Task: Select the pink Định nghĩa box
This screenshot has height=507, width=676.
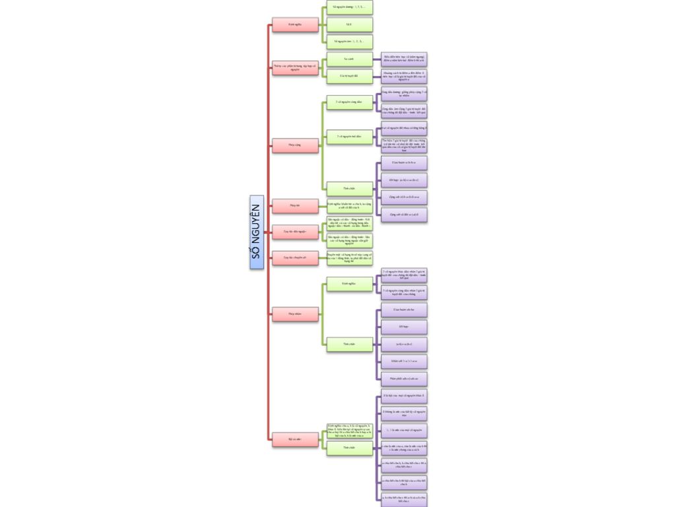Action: [x=295, y=25]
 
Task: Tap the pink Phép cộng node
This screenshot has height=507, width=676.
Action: [x=295, y=145]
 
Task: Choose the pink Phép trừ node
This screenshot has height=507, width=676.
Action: [x=295, y=205]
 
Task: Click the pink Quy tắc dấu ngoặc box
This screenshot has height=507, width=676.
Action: [x=295, y=232]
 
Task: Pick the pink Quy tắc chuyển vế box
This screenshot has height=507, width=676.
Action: [x=295, y=257]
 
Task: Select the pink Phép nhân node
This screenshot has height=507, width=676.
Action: [x=295, y=314]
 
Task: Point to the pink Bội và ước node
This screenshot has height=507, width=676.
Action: [x=295, y=438]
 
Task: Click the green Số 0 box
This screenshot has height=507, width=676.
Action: [x=349, y=25]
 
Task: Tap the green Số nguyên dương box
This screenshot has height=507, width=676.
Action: [x=349, y=7]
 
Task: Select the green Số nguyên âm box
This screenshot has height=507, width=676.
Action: [x=349, y=42]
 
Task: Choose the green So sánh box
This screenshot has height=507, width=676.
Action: [x=349, y=59]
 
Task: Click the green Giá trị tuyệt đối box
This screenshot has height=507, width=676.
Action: [x=349, y=76]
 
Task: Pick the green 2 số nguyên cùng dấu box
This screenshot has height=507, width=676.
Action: [x=349, y=102]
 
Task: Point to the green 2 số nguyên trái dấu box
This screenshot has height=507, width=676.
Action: [x=349, y=136]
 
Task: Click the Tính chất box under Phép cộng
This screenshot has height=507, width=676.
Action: [x=349, y=188]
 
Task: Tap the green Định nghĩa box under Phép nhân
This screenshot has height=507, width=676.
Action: [x=349, y=284]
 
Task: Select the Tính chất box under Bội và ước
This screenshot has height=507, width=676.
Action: [x=349, y=448]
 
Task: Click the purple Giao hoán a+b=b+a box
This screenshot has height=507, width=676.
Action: [x=404, y=162]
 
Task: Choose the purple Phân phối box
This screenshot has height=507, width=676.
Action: [x=404, y=379]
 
